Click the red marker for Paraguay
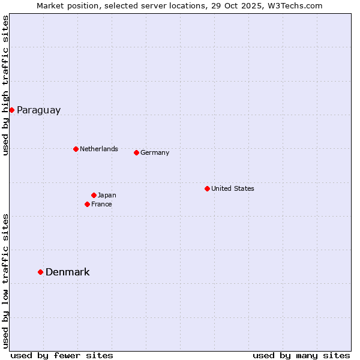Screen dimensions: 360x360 [11, 110]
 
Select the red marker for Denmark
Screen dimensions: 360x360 [41, 272]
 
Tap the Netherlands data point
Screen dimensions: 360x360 [76, 149]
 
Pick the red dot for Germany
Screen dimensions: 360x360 [136, 152]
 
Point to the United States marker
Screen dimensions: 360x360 [207, 188]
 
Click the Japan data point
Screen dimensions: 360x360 [94, 195]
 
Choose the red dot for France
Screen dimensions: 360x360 [88, 204]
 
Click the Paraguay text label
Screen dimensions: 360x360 [38, 110]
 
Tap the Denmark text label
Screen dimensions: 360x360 [67, 272]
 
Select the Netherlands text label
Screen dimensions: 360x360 [98, 149]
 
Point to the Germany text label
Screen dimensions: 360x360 [155, 152]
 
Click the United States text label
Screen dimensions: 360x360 [232, 188]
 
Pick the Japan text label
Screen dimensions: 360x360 [107, 195]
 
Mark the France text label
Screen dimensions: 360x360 [101, 204]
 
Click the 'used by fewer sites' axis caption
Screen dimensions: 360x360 [62, 355]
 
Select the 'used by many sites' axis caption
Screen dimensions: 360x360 [301, 355]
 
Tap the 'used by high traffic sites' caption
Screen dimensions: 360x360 [5, 85]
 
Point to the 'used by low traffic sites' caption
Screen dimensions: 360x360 [5, 281]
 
